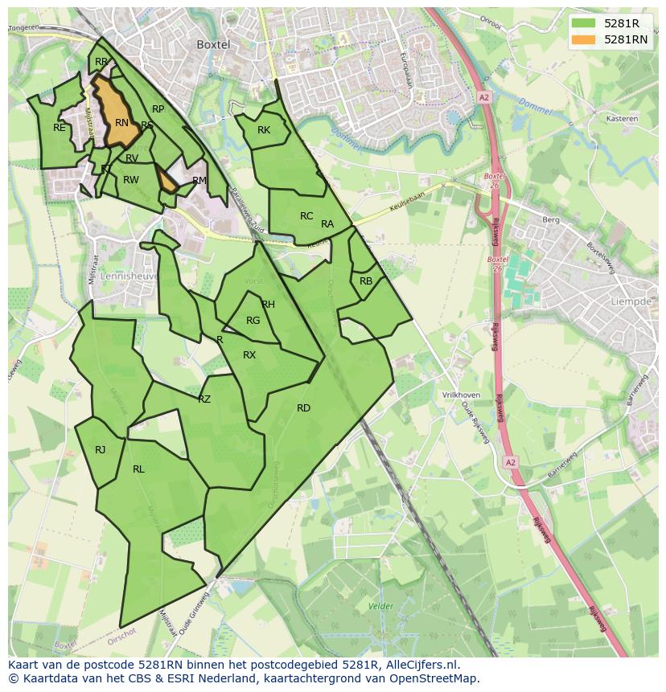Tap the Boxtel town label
coord(213,45)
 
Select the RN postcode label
coord(121,123)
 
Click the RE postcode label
coord(60,128)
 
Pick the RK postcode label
coord(264,130)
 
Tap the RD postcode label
coord(303,408)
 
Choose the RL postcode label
coord(138,469)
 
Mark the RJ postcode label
coord(100,450)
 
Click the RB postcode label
coord(366,281)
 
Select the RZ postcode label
coord(204,399)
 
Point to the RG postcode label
coord(253,321)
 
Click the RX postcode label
coord(249,355)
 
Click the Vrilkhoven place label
coord(461,395)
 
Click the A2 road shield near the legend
coord(483,97)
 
